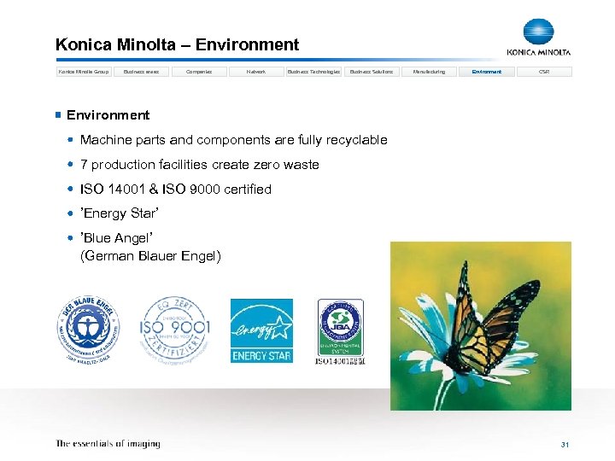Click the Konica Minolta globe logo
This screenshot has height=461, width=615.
tap(539, 32)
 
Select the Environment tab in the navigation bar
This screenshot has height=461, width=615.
tap(487, 72)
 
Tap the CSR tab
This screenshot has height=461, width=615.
tap(544, 72)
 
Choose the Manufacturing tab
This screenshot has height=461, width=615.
tap(429, 72)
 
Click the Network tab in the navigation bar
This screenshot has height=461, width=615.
tap(256, 72)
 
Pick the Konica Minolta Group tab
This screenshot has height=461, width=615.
tap(84, 72)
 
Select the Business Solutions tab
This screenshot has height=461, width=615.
tap(372, 72)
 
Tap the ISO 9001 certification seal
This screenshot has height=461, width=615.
tap(174, 330)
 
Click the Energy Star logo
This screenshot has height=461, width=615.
tap(261, 330)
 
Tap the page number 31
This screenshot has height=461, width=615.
tap(565, 445)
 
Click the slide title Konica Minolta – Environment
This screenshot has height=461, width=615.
tap(177, 45)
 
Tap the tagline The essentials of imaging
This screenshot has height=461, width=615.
tap(108, 444)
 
